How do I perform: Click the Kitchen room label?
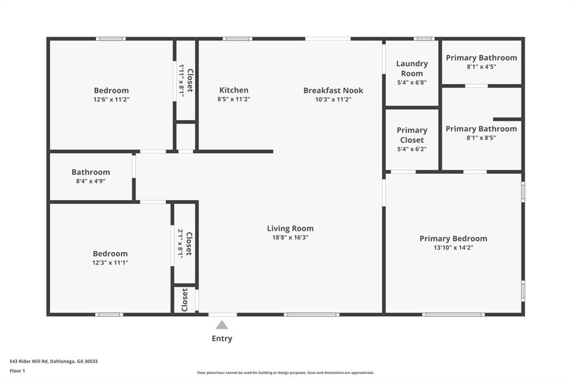point(234,90)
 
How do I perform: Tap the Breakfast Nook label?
point(333,90)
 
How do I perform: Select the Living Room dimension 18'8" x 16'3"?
point(290,237)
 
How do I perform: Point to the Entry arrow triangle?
point(222,325)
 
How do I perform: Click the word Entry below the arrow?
point(222,339)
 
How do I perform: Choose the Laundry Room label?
point(412,68)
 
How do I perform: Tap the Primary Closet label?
point(412,135)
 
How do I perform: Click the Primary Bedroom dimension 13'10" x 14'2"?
point(453,247)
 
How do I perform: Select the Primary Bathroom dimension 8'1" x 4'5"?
point(481,67)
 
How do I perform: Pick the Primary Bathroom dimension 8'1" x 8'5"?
point(481,138)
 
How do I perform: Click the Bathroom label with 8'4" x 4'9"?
point(91,172)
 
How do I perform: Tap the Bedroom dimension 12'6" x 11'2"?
point(112,99)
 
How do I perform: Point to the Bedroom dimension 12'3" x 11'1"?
point(110,262)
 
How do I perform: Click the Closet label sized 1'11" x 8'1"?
point(190,80)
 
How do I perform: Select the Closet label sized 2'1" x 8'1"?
point(189,243)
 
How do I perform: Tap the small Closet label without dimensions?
point(185,300)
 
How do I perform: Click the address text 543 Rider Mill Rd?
point(29,362)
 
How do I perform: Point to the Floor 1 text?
point(17,371)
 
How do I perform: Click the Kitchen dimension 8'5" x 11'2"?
point(234,99)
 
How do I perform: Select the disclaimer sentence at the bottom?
point(285,373)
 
